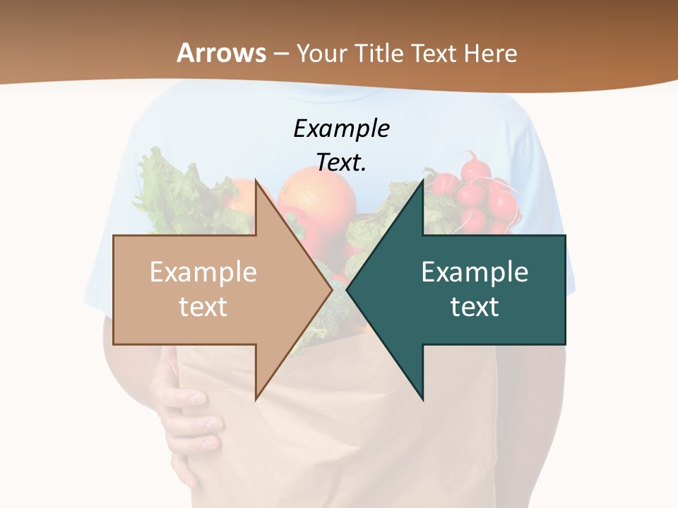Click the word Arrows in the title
pos(221,53)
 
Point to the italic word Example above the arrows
pos(341,128)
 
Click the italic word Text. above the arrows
pos(341,162)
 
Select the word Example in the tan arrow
pos(203,272)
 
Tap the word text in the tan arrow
pos(203,307)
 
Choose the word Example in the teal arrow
pos(475,272)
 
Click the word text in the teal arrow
pos(475,307)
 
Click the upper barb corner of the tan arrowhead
pos(256,181)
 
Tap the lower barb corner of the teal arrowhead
pos(423,399)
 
